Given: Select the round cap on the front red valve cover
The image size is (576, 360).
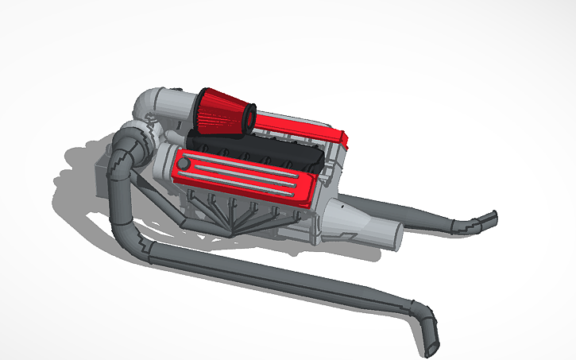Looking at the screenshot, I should (x=184, y=164).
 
